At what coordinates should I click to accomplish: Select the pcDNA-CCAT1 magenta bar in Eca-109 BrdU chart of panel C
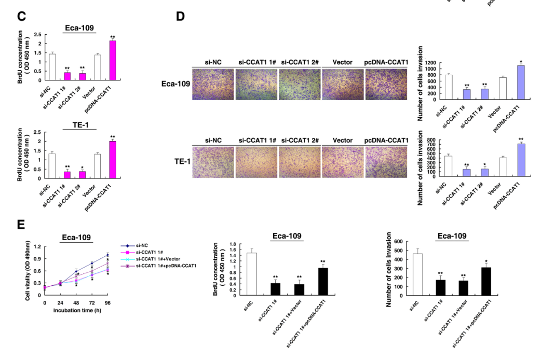[112, 60]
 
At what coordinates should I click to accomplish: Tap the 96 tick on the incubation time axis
[107, 302]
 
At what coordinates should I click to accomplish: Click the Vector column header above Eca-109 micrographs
[343, 62]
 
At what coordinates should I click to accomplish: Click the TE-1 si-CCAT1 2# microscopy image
[299, 162]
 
